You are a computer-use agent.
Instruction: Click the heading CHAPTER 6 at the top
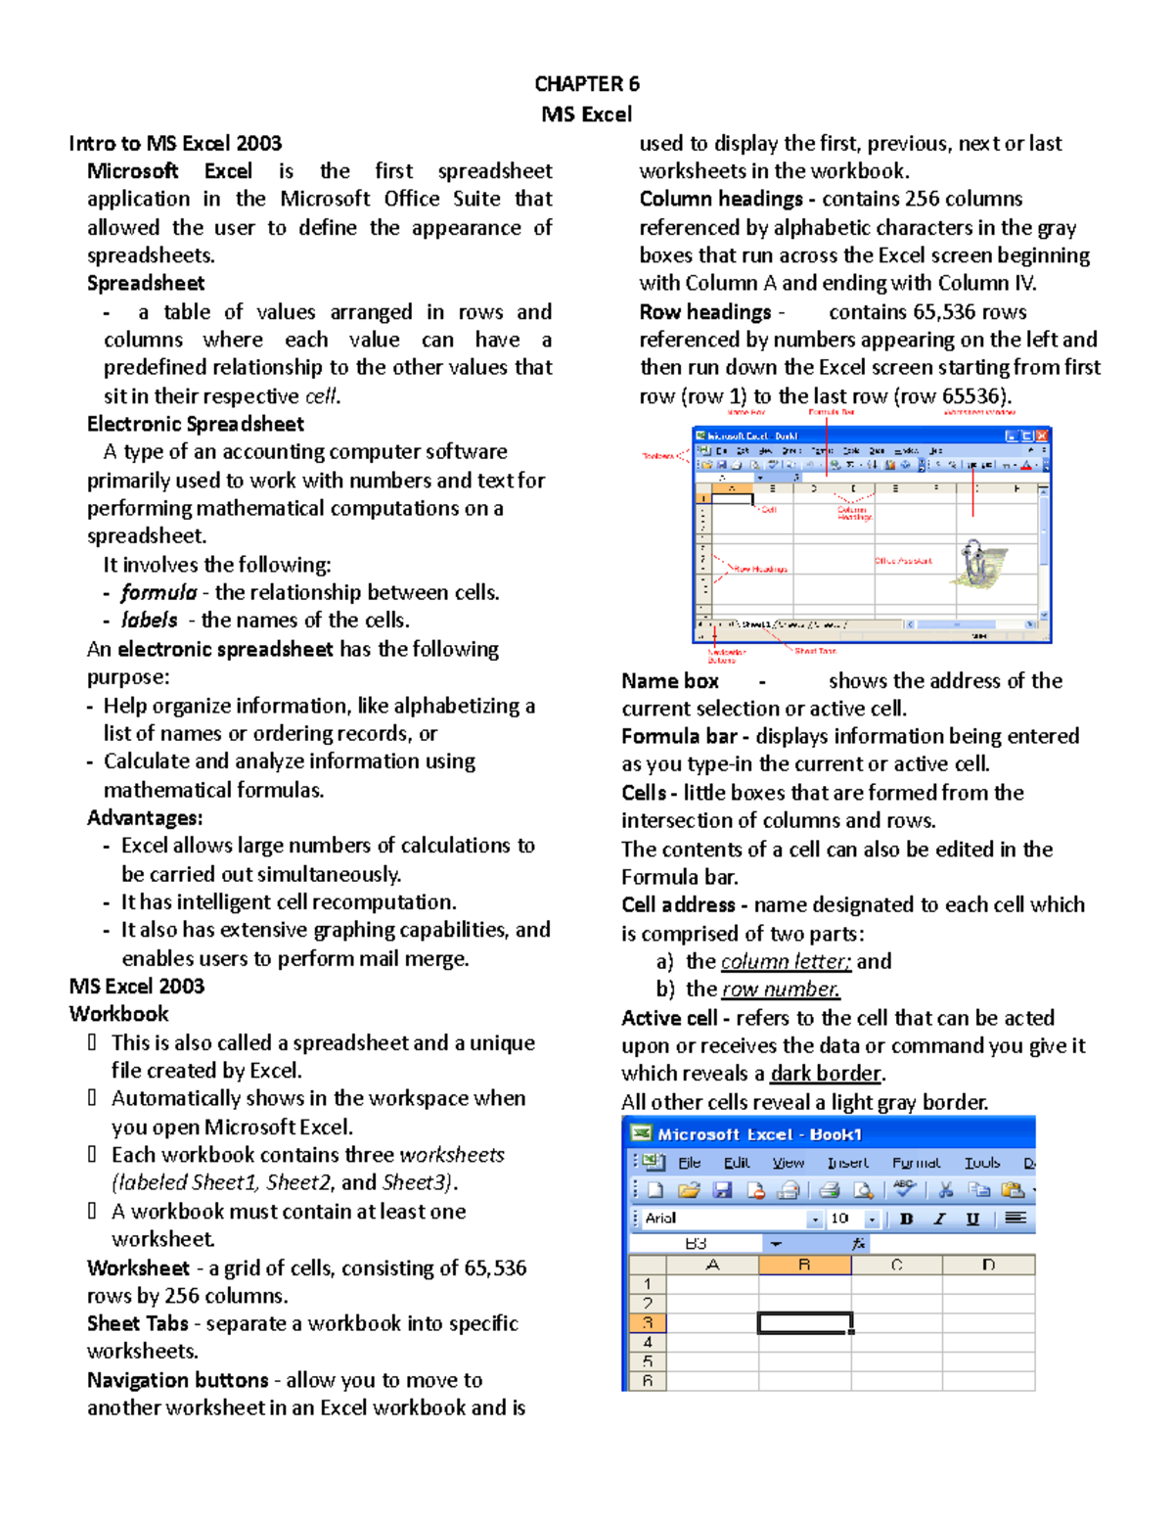586,84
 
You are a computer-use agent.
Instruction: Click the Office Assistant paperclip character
978,564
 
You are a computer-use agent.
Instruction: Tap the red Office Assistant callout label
902,561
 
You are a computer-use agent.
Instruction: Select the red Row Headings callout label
760,569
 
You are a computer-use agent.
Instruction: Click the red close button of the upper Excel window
1043,436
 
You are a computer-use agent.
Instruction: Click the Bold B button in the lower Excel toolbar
906,1219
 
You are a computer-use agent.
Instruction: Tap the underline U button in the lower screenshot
972,1219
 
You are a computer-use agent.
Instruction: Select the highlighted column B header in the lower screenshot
804,1265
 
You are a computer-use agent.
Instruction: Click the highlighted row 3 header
647,1322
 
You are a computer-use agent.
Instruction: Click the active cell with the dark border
804,1322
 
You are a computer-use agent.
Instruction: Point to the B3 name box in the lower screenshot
696,1243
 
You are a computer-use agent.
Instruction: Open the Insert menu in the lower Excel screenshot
847,1163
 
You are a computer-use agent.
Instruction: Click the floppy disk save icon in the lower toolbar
722,1190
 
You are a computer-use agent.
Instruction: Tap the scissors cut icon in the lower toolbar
945,1190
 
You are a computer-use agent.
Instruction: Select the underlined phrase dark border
826,1074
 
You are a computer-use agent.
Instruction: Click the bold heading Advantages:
145,818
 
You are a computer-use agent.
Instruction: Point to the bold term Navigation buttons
177,1380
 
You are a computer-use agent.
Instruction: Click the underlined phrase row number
780,990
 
